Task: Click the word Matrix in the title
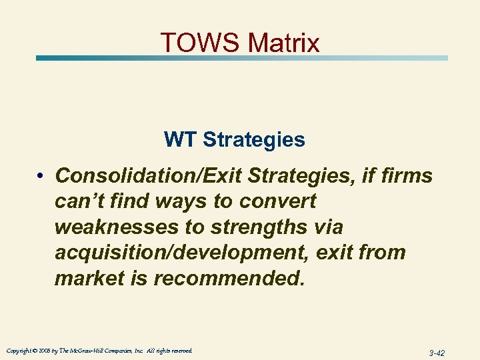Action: [x=283, y=43]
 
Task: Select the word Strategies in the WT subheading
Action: [x=254, y=140]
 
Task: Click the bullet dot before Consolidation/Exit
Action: [x=41, y=177]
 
